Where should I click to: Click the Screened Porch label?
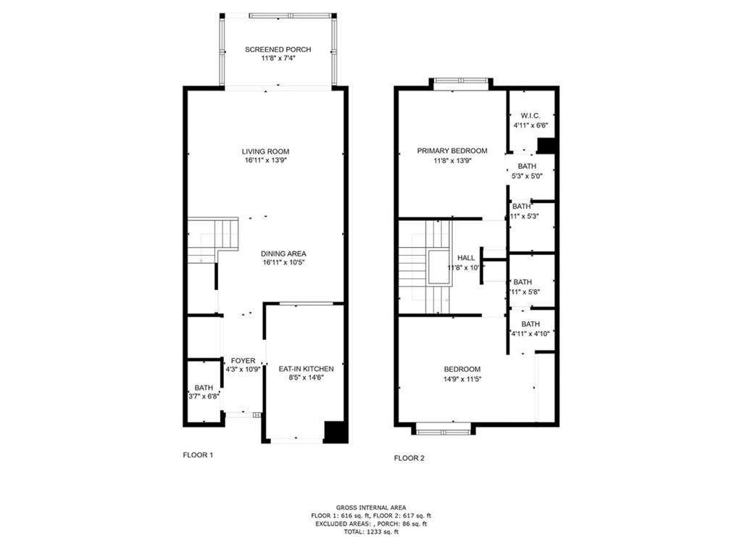pos(278,49)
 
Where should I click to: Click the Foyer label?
pos(243,361)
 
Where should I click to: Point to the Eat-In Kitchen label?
pos(306,369)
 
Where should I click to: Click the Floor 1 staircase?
pos(212,240)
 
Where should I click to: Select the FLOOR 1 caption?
pos(197,456)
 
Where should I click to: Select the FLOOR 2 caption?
pos(409,458)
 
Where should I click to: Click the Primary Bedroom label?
pos(451,151)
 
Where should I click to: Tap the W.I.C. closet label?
pos(530,115)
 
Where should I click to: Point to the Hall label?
pos(466,257)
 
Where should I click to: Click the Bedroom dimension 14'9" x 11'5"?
pos(462,379)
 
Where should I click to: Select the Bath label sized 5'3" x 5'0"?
pos(527,166)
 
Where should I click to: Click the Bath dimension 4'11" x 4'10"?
pos(530,333)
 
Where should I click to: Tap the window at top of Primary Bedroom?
pos(461,82)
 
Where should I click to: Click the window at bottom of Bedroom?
pos(443,431)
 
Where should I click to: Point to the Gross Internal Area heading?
pos(371,507)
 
